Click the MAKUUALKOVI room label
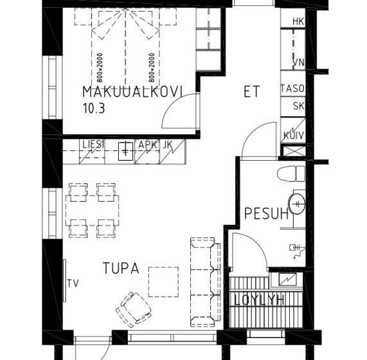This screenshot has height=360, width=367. coord(132,91)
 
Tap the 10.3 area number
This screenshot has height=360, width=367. coord(94,109)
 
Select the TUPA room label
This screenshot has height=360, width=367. coord(121,268)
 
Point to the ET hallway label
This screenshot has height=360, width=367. coord(251,91)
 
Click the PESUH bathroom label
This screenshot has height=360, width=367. coord(266,213)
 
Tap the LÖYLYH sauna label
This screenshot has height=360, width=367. coord(259,300)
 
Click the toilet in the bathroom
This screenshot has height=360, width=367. coord(291,174)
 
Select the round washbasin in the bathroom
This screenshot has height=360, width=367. coord(297,204)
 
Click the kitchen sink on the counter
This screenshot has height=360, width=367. coord(126,152)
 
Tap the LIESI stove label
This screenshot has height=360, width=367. coord(93,145)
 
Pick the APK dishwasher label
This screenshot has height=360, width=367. coord(147,145)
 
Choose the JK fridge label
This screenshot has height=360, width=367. coord(168,145)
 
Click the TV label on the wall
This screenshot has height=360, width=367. coord(73,283)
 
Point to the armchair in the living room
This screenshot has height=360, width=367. coord(134,309)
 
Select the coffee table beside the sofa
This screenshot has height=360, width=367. coord(163,282)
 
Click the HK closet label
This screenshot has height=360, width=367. coord(298,21)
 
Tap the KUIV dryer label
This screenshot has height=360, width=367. coord(294,136)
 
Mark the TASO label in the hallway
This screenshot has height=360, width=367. coord(292,89)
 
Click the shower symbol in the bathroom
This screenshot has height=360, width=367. coord(296,251)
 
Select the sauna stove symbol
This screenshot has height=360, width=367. coord(288,279)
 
